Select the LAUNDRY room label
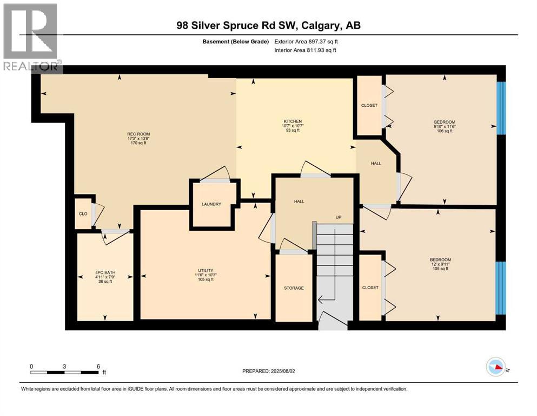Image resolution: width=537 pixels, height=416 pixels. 211,204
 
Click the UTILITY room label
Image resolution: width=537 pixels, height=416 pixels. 205,270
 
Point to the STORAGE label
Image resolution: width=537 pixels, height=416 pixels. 294,288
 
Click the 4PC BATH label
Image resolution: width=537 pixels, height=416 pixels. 105,272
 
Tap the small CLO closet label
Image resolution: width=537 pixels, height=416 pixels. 83,214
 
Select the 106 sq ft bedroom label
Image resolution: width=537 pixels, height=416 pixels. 443,122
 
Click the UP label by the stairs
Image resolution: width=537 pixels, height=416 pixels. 338,217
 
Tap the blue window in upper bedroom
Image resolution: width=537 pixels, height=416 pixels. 501,108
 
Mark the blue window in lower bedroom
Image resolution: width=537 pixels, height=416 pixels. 501,288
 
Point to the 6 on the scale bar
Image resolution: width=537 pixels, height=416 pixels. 98,366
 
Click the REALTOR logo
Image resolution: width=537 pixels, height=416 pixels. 31,37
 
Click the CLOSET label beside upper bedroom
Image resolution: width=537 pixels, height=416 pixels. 369,106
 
